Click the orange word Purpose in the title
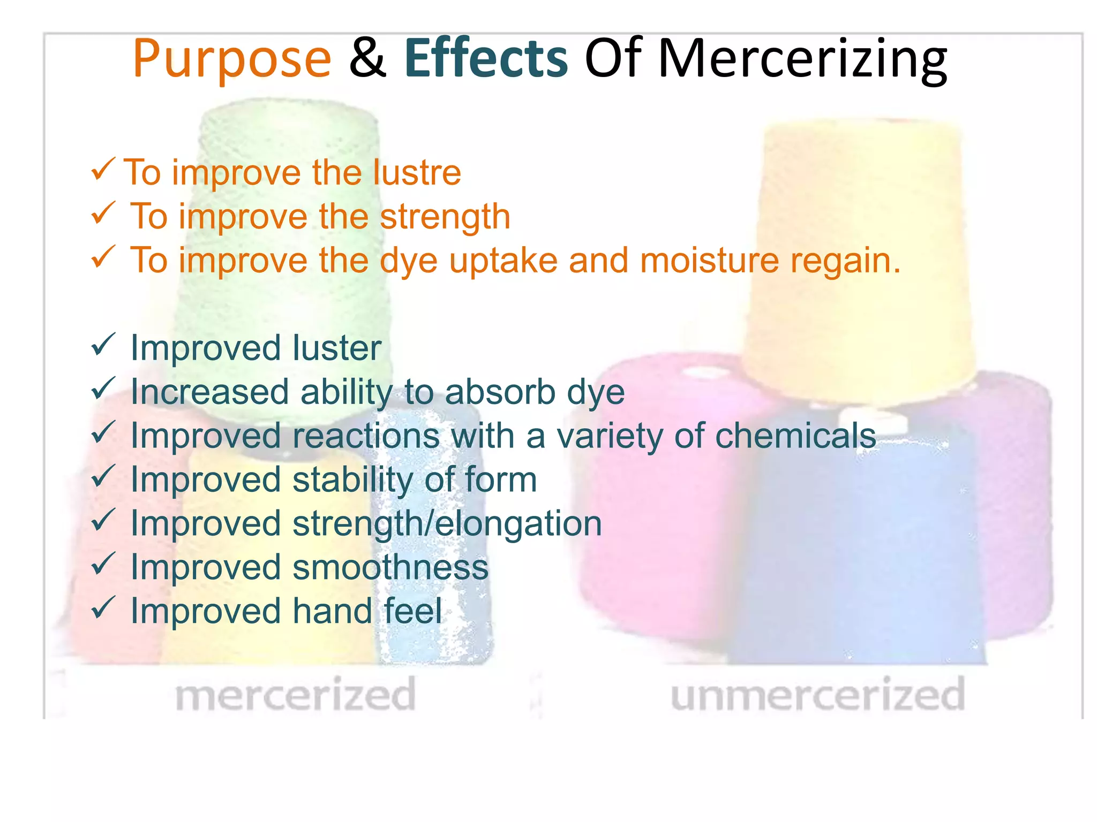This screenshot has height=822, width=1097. [231, 59]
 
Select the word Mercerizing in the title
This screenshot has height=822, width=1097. [802, 59]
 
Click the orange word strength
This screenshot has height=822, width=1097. [445, 217]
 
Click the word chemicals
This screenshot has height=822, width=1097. [795, 436]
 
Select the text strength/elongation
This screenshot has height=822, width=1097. [447, 523]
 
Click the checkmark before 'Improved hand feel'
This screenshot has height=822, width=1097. [103, 608]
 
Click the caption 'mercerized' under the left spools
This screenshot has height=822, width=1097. [295, 694]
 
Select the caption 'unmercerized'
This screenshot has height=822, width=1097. [817, 694]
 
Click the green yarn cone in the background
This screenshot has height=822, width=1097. [289, 134]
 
